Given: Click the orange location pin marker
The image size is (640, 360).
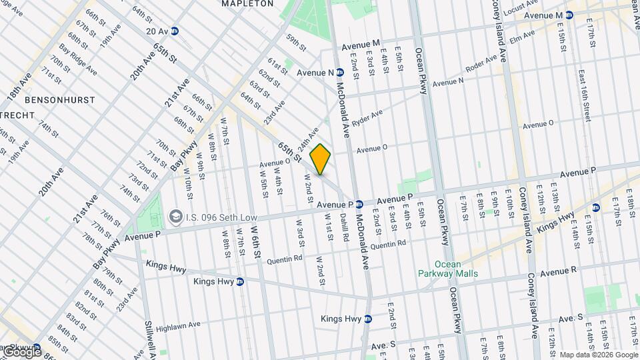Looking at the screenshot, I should pos(320,159).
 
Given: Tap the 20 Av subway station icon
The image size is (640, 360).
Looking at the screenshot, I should pos(175,31).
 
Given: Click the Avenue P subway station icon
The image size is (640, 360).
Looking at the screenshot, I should pos(359,204).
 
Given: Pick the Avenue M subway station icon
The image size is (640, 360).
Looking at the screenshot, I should pos(571,15).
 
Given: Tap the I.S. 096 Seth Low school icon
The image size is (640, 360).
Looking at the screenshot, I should pos(176,216).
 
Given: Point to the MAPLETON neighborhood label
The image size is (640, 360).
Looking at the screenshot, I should pos(247,3).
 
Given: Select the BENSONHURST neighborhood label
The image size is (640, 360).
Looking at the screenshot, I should pos(60,100).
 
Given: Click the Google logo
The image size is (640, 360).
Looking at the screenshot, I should pos(21,351).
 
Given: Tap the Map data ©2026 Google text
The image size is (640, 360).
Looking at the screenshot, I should pos(598,354).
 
